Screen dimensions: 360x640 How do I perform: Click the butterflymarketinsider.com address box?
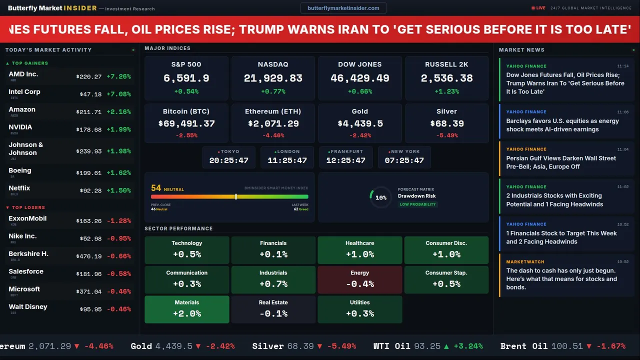[x=343, y=8]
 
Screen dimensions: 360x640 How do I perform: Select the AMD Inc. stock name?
[x=23, y=74]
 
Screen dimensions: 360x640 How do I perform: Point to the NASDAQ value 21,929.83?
[x=273, y=78]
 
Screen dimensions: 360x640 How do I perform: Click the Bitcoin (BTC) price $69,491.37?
[x=186, y=123]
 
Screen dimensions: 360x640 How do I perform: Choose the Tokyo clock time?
[x=229, y=160]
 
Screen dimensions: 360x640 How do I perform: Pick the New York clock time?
[x=404, y=160]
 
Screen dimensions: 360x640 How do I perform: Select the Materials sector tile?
[x=187, y=309]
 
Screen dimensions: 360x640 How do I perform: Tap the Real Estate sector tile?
[x=273, y=309]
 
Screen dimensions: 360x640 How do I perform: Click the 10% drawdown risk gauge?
[x=380, y=197]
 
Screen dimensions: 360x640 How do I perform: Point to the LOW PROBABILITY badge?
[x=417, y=204]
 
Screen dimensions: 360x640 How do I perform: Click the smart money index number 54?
[x=156, y=188]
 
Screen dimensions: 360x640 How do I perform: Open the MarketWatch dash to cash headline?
[x=561, y=279]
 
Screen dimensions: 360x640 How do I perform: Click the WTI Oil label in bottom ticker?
[x=391, y=346]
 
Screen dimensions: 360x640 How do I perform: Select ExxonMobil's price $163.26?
[x=89, y=220]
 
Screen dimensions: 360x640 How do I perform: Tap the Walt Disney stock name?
[x=28, y=306]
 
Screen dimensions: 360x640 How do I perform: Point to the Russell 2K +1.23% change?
[x=446, y=91]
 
